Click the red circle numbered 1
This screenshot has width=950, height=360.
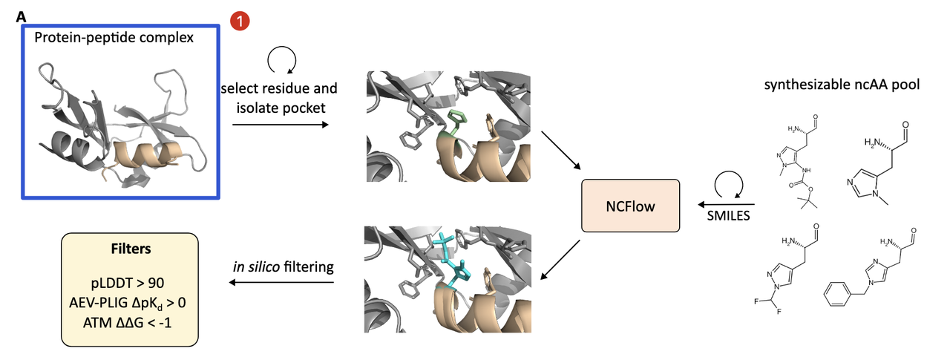pyautogui.click(x=240, y=22)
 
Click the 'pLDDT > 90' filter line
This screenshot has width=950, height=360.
pyautogui.click(x=129, y=284)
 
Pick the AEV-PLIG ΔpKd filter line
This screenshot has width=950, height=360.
pyautogui.click(x=129, y=303)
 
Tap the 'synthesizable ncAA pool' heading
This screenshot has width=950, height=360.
pyautogui.click(x=842, y=85)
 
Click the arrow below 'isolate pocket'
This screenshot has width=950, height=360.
pyautogui.click(x=280, y=124)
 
